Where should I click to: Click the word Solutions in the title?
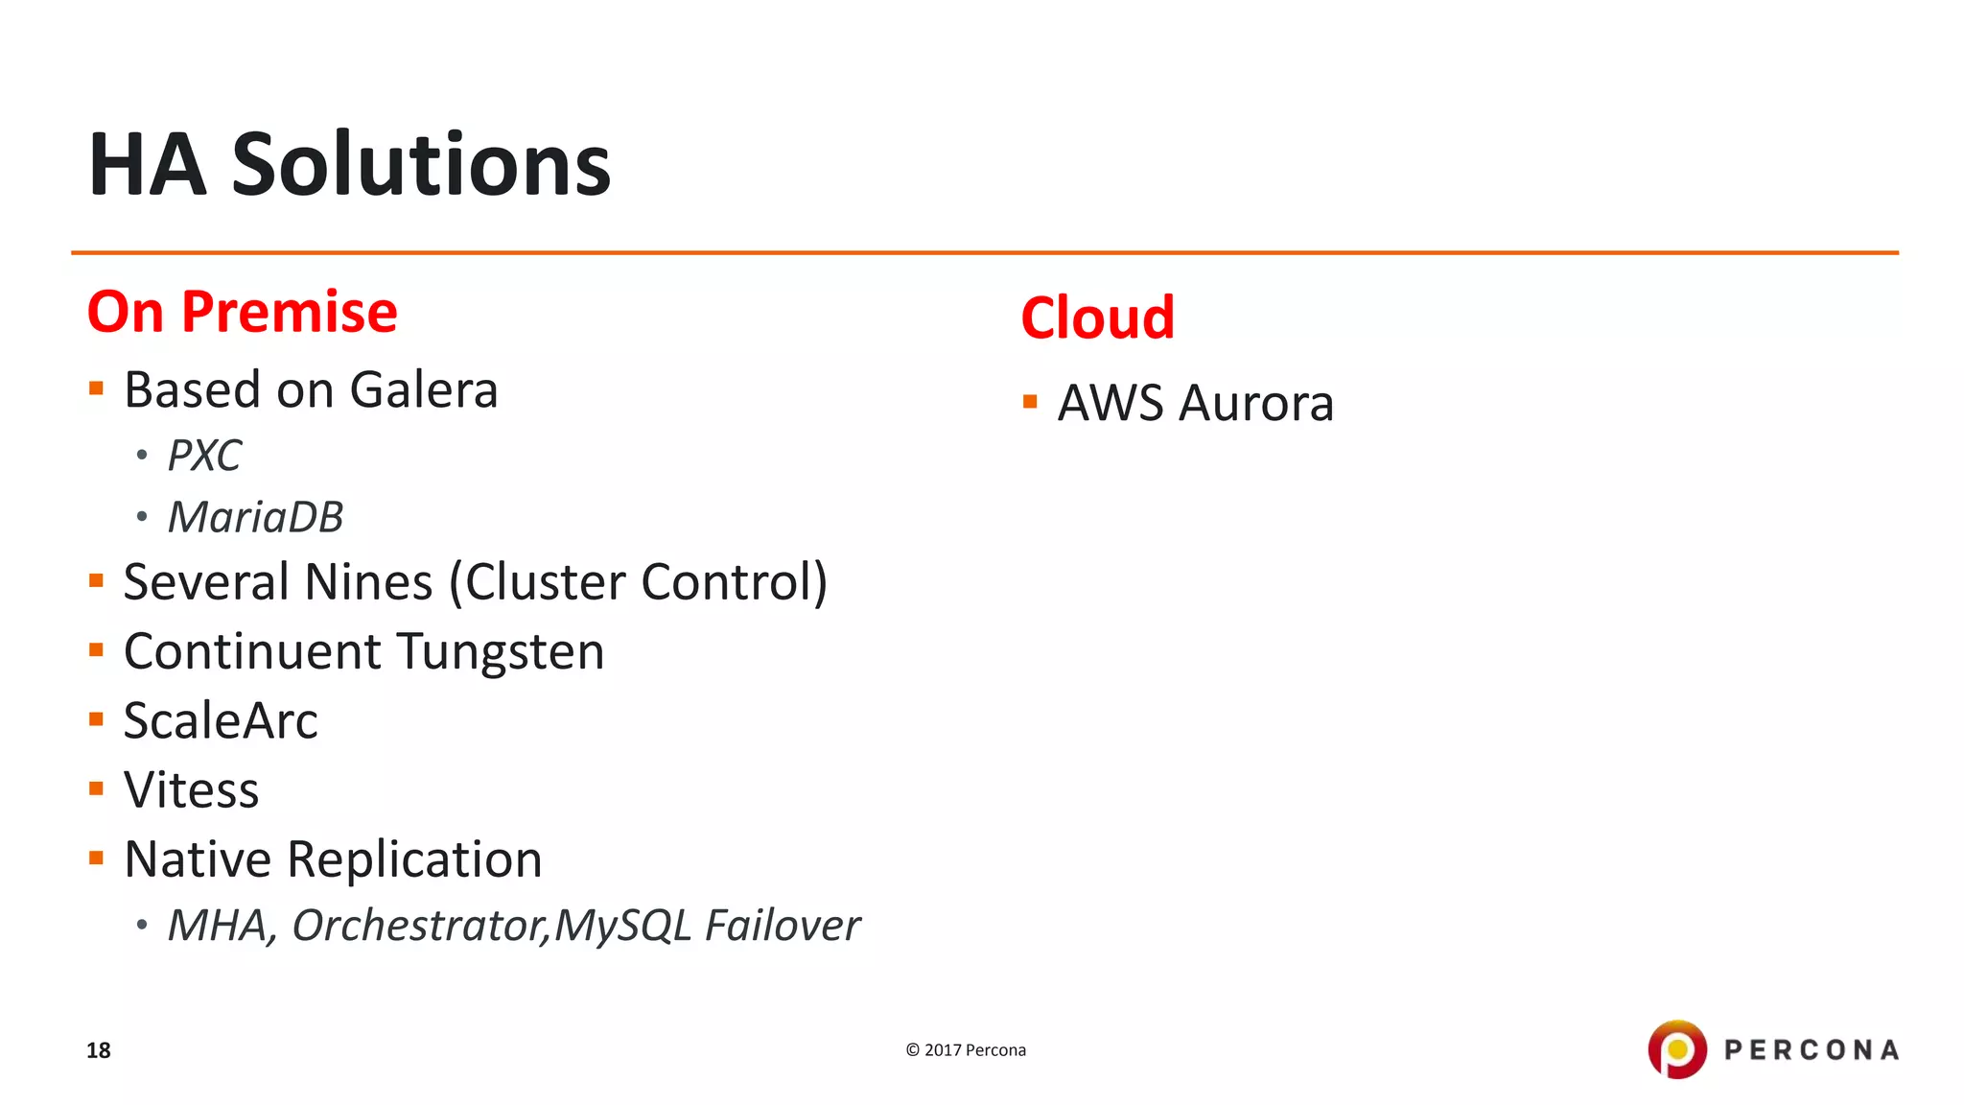421,165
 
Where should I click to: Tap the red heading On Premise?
242,312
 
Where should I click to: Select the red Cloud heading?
1097,317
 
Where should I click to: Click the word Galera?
423,390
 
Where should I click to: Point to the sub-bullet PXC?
204,456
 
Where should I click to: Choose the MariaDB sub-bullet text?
255,518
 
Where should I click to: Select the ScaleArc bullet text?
221,721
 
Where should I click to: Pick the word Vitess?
192,790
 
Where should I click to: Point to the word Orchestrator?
418,926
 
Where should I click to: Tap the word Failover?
782,926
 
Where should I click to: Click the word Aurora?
1256,403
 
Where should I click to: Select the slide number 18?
99,1050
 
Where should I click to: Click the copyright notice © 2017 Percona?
966,1050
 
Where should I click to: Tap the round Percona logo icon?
1677,1049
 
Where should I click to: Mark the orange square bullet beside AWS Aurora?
1030,402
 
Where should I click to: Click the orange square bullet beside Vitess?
96,789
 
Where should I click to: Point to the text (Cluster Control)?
639,582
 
